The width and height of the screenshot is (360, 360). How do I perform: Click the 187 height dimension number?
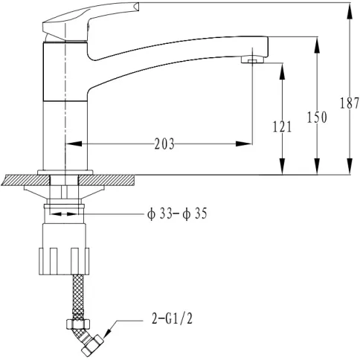350,103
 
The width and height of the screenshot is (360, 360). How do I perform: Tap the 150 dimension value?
317,118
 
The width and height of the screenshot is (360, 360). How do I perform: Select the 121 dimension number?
282,126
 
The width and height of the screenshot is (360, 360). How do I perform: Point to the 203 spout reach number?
164,144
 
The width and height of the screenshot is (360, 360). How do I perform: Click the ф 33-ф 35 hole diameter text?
177,213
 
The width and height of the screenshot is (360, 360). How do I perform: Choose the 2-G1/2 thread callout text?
172,318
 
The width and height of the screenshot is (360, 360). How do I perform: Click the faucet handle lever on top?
91,20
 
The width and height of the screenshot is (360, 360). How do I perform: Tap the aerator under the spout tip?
253,60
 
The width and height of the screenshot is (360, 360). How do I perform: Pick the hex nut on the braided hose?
78,324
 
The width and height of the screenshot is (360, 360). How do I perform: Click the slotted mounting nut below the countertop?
64,260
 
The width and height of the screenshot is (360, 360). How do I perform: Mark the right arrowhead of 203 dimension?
244,144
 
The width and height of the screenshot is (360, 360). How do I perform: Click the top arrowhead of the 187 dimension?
350,10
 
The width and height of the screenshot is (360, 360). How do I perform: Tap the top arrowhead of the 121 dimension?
282,71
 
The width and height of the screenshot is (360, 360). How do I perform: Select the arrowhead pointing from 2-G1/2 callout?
107,330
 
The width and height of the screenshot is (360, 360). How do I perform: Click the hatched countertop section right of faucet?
107,180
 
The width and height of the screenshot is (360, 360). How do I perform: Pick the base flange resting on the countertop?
65,173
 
